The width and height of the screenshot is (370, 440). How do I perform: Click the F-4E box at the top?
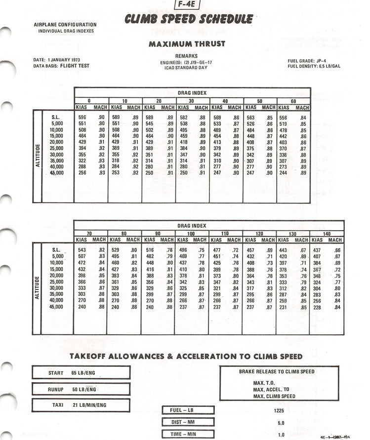(187, 6)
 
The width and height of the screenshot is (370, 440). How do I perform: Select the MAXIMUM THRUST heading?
(187, 44)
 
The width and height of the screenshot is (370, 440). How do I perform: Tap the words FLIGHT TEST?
(75, 66)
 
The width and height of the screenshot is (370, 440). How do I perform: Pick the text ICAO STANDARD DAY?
(187, 68)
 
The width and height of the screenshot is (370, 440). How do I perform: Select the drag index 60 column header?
(293, 101)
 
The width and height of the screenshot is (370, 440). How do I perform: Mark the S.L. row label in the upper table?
(55, 117)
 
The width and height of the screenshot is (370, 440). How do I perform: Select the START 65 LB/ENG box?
(81, 373)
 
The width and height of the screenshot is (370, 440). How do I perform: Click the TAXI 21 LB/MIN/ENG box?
(81, 405)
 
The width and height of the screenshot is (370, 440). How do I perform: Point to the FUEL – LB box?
(188, 409)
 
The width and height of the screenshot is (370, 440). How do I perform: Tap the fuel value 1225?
(280, 409)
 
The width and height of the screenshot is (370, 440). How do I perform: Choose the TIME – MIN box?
(188, 434)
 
